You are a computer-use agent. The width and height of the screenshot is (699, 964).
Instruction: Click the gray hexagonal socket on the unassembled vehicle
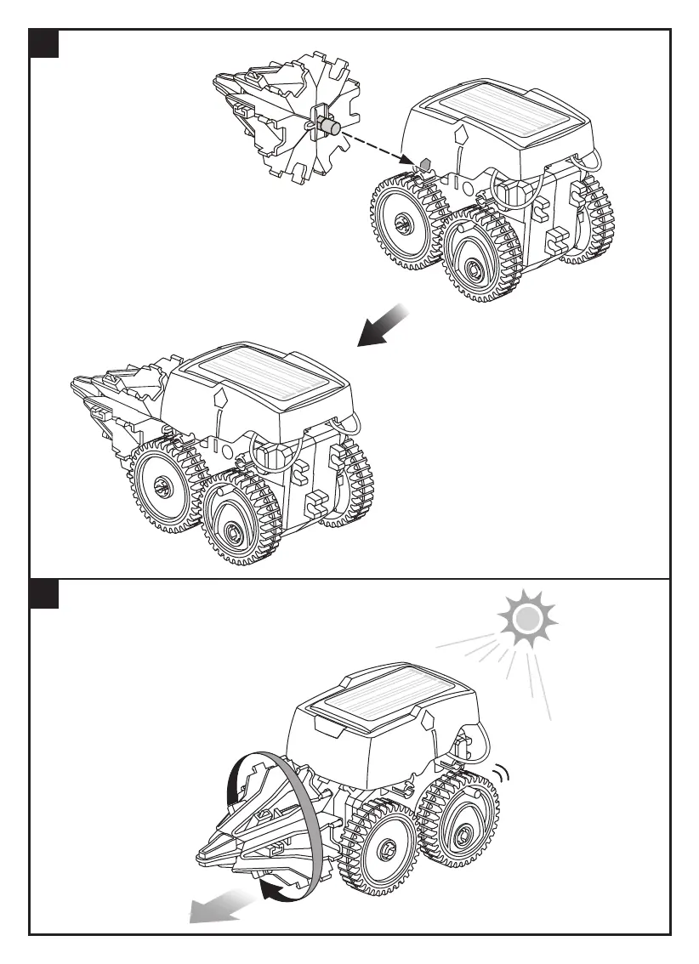(426, 162)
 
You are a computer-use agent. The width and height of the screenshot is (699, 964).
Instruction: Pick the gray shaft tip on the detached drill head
(334, 128)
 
